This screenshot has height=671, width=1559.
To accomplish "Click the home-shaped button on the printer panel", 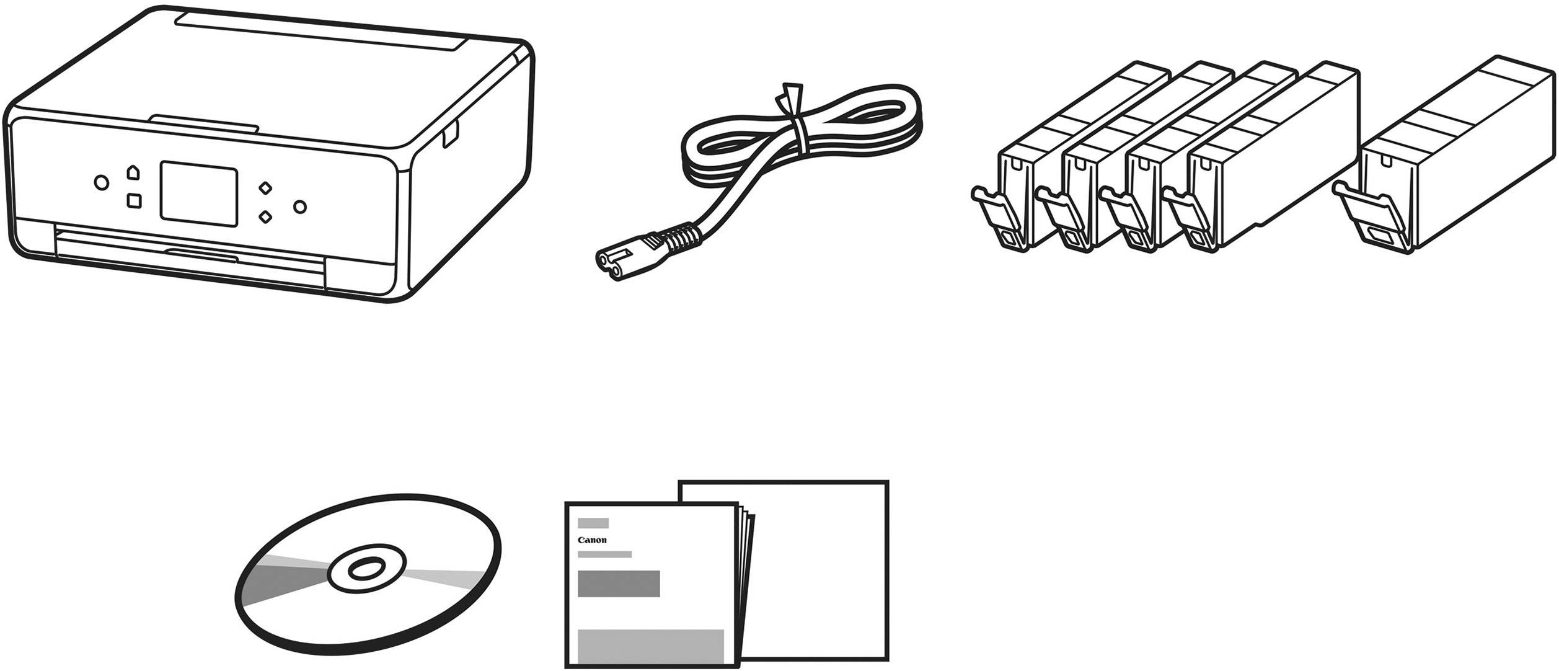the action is click(x=133, y=172).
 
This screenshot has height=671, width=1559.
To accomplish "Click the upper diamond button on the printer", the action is click(x=265, y=187).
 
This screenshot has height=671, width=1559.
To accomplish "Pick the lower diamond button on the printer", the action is click(x=265, y=216).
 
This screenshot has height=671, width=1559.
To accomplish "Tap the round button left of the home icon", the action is click(x=101, y=183).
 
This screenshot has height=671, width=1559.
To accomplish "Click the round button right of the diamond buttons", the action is click(x=300, y=207).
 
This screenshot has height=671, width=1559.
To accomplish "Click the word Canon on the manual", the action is click(x=592, y=540).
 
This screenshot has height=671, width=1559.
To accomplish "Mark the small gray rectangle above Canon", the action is click(x=593, y=523).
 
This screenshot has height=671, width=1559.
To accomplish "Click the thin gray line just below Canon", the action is click(x=604, y=554).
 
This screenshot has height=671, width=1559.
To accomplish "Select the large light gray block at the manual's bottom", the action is click(x=651, y=645).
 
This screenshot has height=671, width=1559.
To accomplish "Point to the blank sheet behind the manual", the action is click(x=824, y=571).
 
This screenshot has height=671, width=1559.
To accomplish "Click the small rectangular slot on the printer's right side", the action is click(x=451, y=135).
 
